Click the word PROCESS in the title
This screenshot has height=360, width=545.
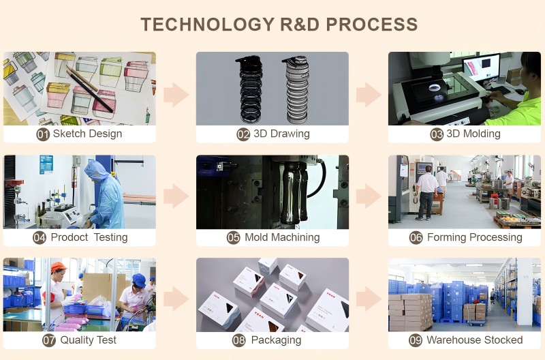click(x=371, y=25)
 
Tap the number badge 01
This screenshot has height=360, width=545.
click(x=43, y=134)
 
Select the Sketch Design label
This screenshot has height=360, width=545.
click(x=87, y=134)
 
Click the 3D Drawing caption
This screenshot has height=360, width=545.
click(x=281, y=134)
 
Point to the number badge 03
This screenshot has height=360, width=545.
click(x=437, y=134)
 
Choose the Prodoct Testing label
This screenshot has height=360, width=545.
click(x=89, y=237)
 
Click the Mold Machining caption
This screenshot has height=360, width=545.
click(x=282, y=237)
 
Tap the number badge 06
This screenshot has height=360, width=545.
click(x=416, y=238)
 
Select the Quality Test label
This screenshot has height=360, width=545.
click(x=88, y=340)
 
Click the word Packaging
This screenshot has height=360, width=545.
click(x=276, y=340)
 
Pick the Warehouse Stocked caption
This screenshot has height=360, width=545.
click(x=474, y=340)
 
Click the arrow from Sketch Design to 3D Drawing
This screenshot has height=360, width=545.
click(x=176, y=94)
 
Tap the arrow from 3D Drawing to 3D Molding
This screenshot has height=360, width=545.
click(x=369, y=94)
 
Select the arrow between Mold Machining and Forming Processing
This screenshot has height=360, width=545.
click(x=369, y=197)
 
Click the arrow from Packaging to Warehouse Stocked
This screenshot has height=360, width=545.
click(x=369, y=299)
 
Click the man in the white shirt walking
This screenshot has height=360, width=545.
click(x=427, y=193)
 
